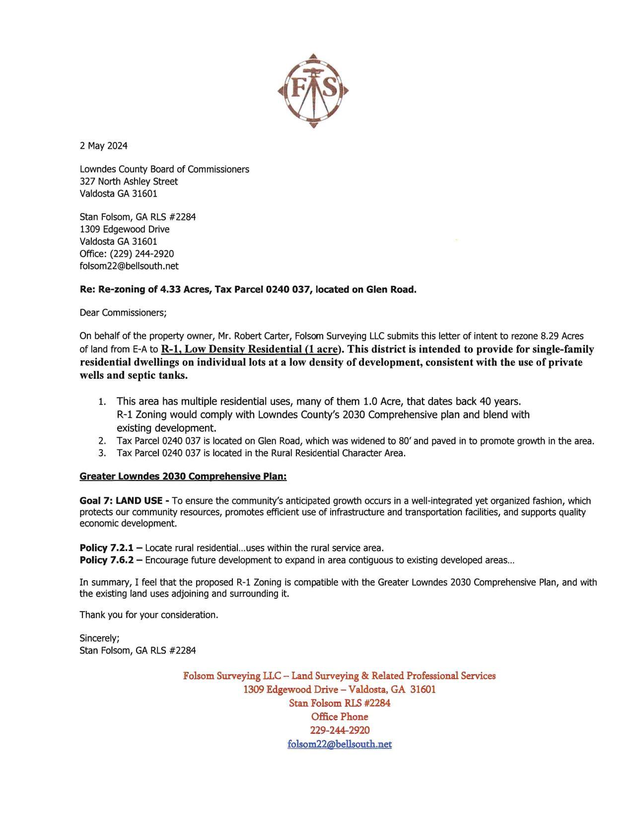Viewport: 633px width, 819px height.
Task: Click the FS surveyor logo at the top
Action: (313, 90)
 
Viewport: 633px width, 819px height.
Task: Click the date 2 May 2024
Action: (103, 145)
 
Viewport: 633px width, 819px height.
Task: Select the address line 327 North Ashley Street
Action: (129, 181)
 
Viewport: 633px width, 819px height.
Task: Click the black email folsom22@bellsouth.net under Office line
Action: (129, 266)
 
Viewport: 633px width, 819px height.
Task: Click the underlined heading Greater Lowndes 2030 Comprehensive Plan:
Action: (183, 476)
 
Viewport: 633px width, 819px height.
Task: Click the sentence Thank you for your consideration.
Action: (149, 614)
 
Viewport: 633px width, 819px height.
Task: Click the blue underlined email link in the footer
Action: (340, 744)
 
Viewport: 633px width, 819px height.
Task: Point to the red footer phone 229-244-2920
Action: (340, 730)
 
